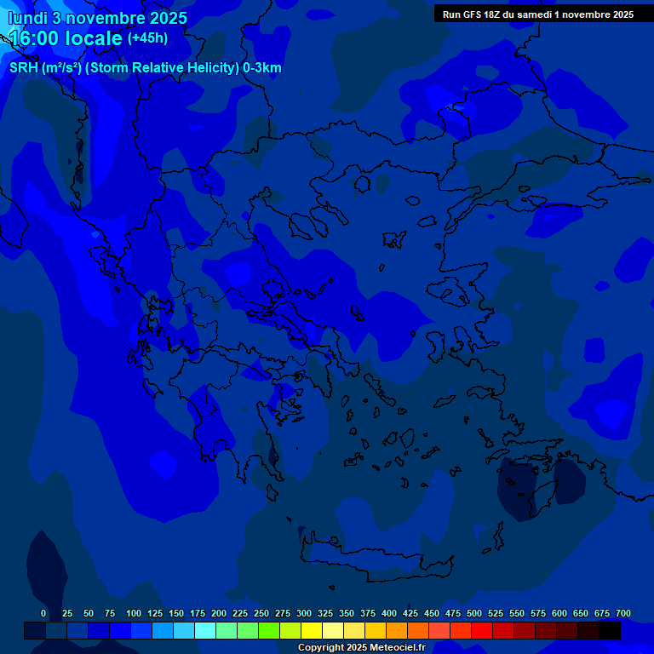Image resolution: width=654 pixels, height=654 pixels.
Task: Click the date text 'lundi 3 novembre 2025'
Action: tap(98, 18)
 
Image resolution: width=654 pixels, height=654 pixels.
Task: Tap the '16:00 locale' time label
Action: tap(66, 38)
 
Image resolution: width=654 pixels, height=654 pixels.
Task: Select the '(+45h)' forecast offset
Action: tap(147, 38)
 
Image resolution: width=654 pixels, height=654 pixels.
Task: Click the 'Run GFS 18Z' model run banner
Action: tap(537, 14)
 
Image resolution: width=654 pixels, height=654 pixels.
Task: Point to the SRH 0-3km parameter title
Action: tap(146, 68)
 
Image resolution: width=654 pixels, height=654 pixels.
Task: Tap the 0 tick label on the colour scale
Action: tap(43, 613)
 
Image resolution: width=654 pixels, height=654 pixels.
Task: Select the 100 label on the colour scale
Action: tap(134, 613)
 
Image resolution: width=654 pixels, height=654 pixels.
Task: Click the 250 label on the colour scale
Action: tap(261, 613)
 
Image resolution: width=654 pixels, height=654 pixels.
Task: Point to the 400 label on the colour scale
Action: tap(389, 613)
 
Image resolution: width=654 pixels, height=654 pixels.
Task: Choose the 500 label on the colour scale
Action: tap(474, 613)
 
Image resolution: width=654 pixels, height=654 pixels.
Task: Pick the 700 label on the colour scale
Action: tap(623, 613)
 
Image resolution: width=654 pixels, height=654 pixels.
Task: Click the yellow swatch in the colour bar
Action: tap(312, 630)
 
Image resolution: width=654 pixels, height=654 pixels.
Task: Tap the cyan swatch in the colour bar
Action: tap(205, 630)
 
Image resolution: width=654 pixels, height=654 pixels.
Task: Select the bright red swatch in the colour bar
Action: tap(482, 630)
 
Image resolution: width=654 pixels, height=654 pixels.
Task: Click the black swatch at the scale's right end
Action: tap(610, 630)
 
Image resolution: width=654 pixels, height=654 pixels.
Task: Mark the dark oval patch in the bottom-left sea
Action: tap(47, 571)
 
